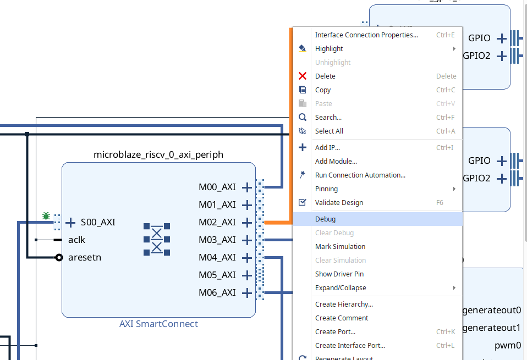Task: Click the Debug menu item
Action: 326,219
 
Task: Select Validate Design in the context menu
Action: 339,202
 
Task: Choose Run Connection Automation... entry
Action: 360,175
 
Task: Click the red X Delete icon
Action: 302,76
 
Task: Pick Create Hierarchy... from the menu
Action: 344,304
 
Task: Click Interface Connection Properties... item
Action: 366,35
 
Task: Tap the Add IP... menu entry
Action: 327,147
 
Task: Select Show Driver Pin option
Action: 339,274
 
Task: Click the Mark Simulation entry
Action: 340,246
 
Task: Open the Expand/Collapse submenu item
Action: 340,287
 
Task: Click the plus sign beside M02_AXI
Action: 247,222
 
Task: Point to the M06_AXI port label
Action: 217,292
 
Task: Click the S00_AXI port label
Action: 98,222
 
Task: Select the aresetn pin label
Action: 85,257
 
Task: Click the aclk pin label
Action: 77,240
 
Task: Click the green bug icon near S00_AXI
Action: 46,216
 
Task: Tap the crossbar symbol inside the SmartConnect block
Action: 157,240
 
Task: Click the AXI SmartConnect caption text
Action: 158,324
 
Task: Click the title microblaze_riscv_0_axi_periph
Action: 158,154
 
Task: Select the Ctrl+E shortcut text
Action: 445,35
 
